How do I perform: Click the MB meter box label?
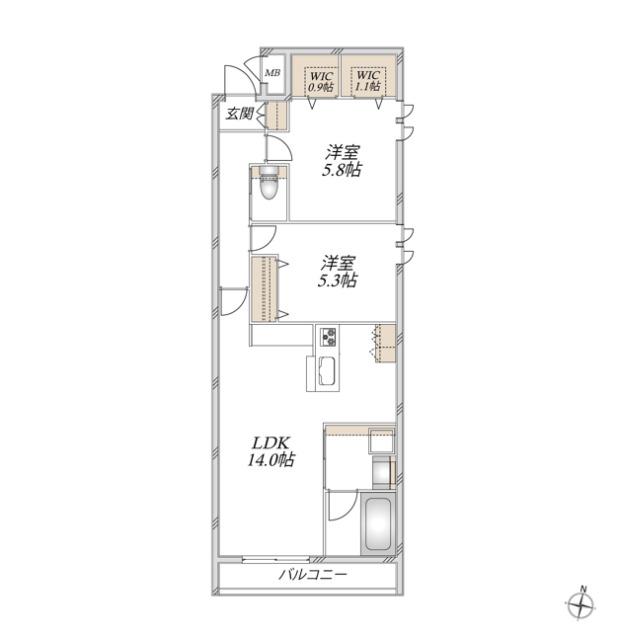(x=273, y=73)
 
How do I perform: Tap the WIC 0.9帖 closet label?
(x=321, y=82)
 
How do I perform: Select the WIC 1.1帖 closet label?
(x=368, y=81)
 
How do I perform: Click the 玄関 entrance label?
(x=240, y=114)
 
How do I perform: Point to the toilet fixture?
(x=268, y=184)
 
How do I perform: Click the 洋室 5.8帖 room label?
(x=342, y=161)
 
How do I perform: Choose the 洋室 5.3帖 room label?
(x=338, y=271)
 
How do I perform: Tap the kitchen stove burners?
(x=328, y=337)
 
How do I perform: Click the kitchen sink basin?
(x=328, y=371)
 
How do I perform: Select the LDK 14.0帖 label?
(x=271, y=451)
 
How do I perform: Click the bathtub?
(x=377, y=524)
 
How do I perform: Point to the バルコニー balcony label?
(x=313, y=575)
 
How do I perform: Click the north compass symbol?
(x=580, y=602)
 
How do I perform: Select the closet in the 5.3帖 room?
(x=264, y=289)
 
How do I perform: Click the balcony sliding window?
(x=276, y=559)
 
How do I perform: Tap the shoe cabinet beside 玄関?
(x=277, y=115)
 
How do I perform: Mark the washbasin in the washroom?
(x=382, y=440)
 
